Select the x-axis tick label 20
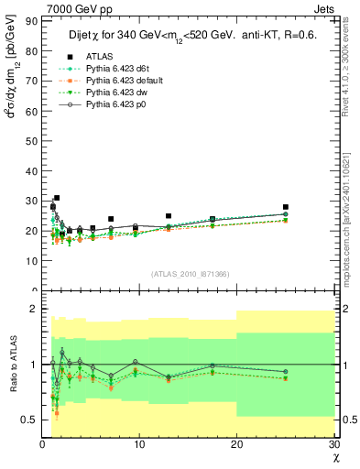pyautogui.click(x=236, y=444)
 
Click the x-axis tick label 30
pyautogui.click(x=333, y=444)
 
